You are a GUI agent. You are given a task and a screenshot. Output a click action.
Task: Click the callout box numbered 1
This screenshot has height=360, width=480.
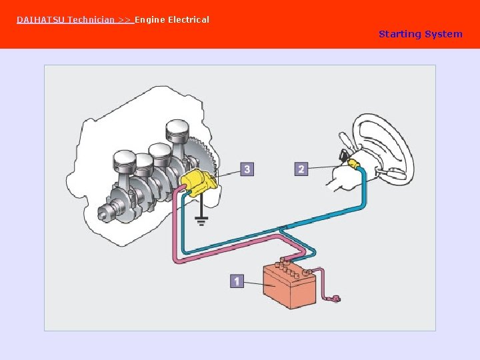pyautogui.click(x=236, y=281)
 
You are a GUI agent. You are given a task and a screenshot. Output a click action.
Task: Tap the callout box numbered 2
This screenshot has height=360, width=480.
pyautogui.click(x=301, y=169)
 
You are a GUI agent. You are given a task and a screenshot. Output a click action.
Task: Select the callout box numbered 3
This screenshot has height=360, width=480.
pyautogui.click(x=247, y=169)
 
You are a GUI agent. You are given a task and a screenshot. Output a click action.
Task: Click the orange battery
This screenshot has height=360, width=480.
pyautogui.click(x=288, y=285)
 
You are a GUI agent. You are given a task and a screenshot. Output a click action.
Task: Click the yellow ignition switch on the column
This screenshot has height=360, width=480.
pyautogui.click(x=351, y=163)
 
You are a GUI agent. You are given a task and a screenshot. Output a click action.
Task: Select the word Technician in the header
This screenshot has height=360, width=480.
pyautogui.click(x=91, y=20)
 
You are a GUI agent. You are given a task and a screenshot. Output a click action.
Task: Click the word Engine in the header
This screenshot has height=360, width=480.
pyautogui.click(x=150, y=20)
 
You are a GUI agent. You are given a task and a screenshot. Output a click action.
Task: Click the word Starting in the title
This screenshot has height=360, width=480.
pyautogui.click(x=399, y=34)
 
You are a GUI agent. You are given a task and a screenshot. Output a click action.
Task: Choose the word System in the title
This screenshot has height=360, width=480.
pyautogui.click(x=443, y=34)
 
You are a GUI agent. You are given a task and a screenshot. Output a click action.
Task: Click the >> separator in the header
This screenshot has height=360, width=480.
pyautogui.click(x=125, y=20)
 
